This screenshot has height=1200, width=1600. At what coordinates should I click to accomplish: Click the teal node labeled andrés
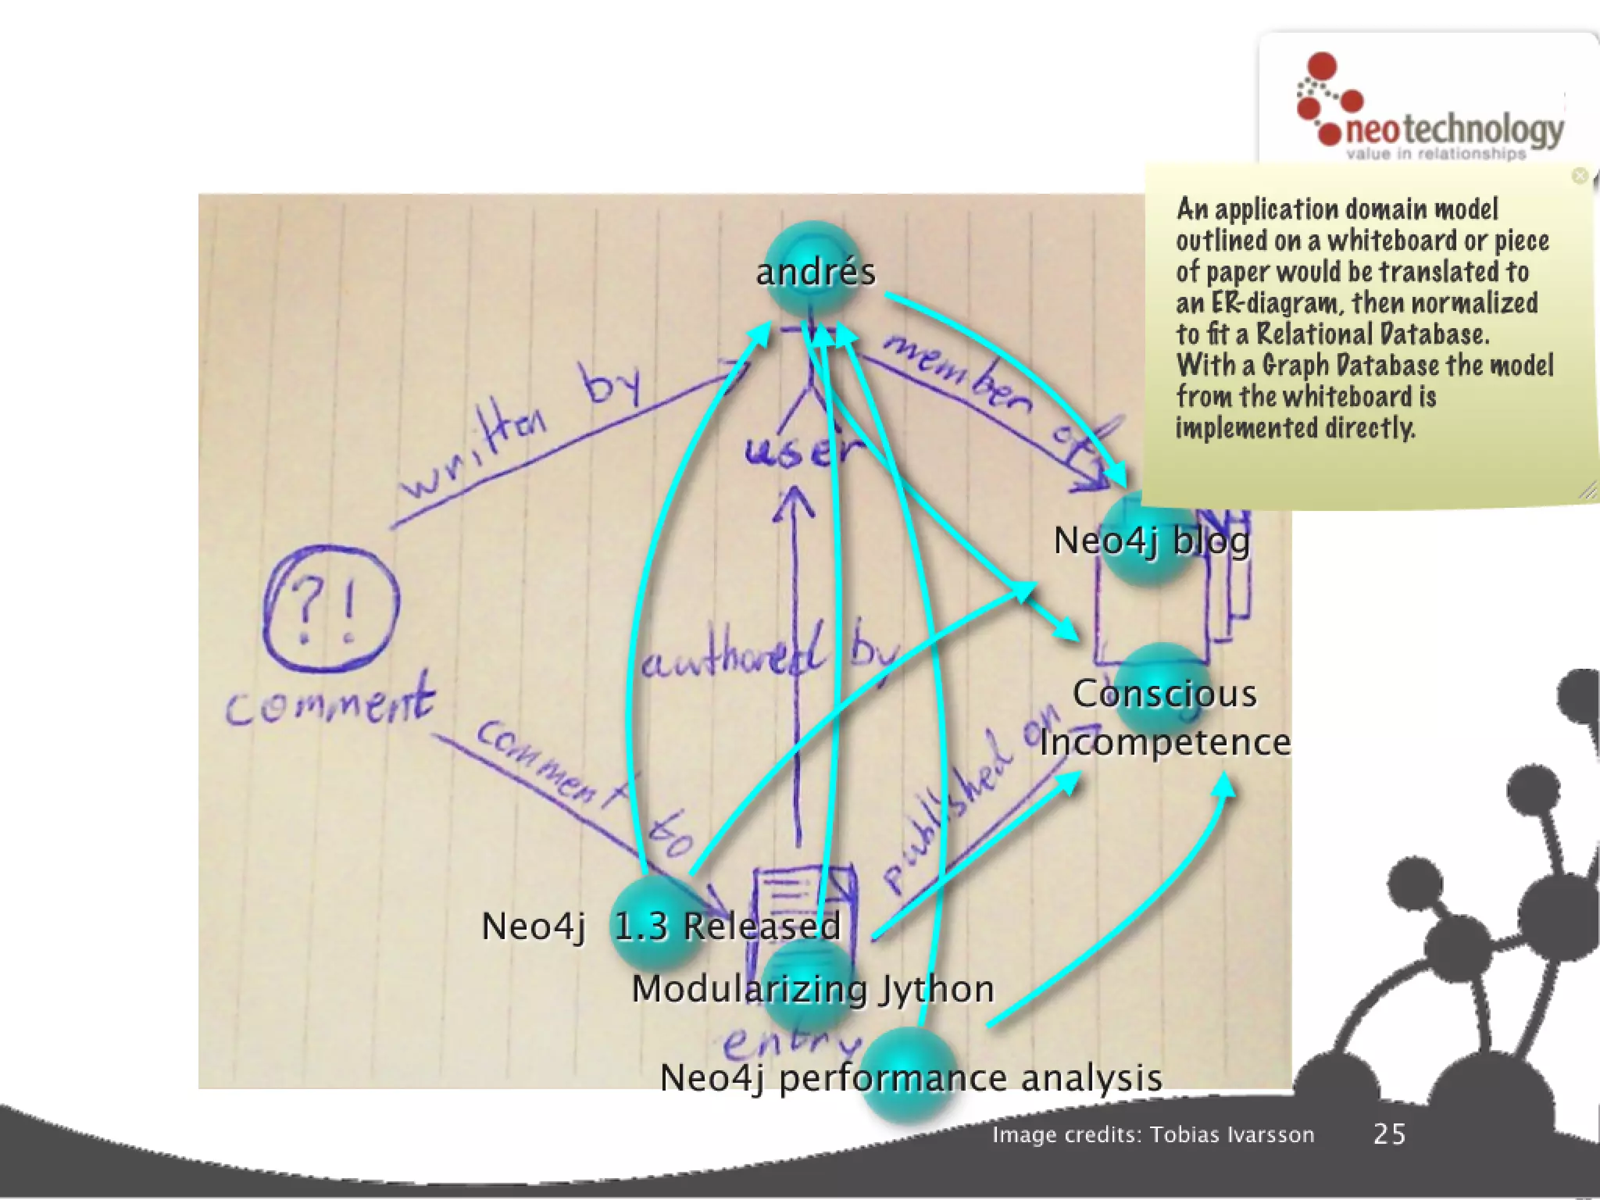814,270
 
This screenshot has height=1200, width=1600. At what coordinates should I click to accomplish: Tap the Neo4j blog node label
1151,541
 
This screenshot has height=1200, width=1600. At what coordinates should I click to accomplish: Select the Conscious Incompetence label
1164,717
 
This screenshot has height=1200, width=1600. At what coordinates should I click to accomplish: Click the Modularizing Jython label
812,989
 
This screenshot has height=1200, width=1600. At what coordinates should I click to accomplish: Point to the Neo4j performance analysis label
911,1078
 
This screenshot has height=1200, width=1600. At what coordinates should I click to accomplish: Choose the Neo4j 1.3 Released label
661,927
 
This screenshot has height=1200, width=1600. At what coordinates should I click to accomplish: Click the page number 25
1389,1134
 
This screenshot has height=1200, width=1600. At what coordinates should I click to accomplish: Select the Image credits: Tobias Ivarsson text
1153,1134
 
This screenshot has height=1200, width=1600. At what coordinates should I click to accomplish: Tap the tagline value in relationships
1435,154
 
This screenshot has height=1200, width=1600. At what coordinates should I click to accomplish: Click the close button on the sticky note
1579,176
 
